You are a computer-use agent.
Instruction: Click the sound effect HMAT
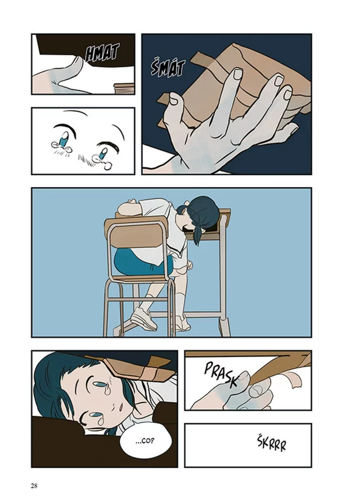tap(102, 53)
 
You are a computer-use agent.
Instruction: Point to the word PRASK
tap(222, 374)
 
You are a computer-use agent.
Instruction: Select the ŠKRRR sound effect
tap(272, 444)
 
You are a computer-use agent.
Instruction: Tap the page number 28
tap(34, 485)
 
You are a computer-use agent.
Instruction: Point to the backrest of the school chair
tap(135, 233)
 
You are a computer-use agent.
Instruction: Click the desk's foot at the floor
tap(223, 327)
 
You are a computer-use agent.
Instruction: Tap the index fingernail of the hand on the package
tap(238, 75)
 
